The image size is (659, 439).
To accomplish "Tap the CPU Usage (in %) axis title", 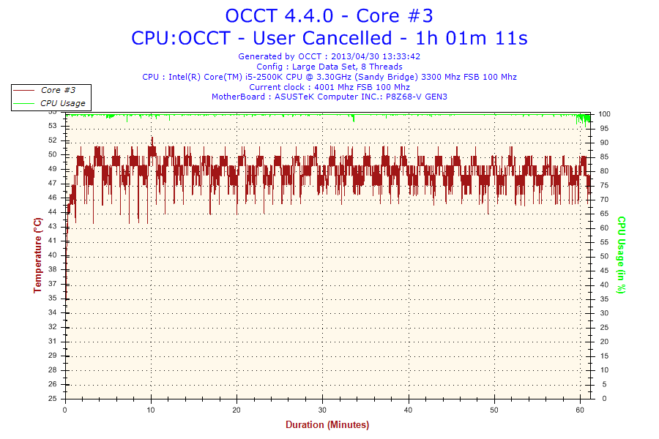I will coord(621,255).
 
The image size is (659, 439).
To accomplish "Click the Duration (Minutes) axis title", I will coord(327,425).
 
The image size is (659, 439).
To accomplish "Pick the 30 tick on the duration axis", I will coord(322,410).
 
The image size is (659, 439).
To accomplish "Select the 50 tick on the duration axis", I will coord(494,410).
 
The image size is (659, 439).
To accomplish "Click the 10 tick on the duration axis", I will coord(151,410).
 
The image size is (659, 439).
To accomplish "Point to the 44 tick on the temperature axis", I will coord(53,212).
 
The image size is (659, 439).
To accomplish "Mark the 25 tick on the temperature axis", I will coord(53,399).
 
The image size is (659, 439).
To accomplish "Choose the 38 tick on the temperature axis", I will coord(53,269).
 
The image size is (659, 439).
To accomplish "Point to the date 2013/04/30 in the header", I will coord(355,56).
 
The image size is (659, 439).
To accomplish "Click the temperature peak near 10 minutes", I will coord(152,138).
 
